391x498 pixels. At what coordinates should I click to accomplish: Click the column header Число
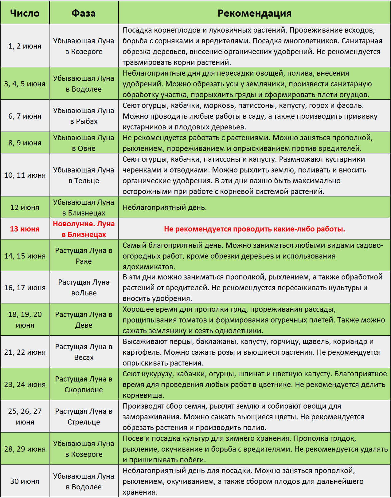[25, 13]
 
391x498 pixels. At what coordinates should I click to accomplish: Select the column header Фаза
[84, 13]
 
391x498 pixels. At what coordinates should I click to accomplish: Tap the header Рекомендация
[254, 13]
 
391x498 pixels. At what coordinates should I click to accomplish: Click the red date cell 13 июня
[25, 229]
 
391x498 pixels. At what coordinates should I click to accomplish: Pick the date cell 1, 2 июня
[25, 46]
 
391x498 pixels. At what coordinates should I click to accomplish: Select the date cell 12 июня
[25, 207]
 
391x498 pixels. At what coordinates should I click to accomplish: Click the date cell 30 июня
[25, 481]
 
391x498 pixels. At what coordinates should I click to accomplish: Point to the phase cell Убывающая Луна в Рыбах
[84, 116]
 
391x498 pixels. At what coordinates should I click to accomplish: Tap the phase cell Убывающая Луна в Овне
[84, 143]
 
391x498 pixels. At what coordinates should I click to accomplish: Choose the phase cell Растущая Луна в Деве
[84, 320]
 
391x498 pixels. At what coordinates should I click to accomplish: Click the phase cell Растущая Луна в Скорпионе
[84, 384]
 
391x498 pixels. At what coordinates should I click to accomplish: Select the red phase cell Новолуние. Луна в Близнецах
[84, 229]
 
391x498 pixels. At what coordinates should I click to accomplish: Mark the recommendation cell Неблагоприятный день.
[165, 207]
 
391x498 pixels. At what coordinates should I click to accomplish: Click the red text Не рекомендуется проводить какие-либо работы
[254, 229]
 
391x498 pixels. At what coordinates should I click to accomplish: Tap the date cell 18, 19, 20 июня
[25, 320]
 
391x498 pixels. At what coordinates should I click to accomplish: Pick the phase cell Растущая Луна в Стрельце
[84, 417]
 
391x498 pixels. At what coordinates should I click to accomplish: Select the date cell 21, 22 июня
[25, 352]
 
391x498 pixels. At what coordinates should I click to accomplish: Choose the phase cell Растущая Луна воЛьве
[84, 287]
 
